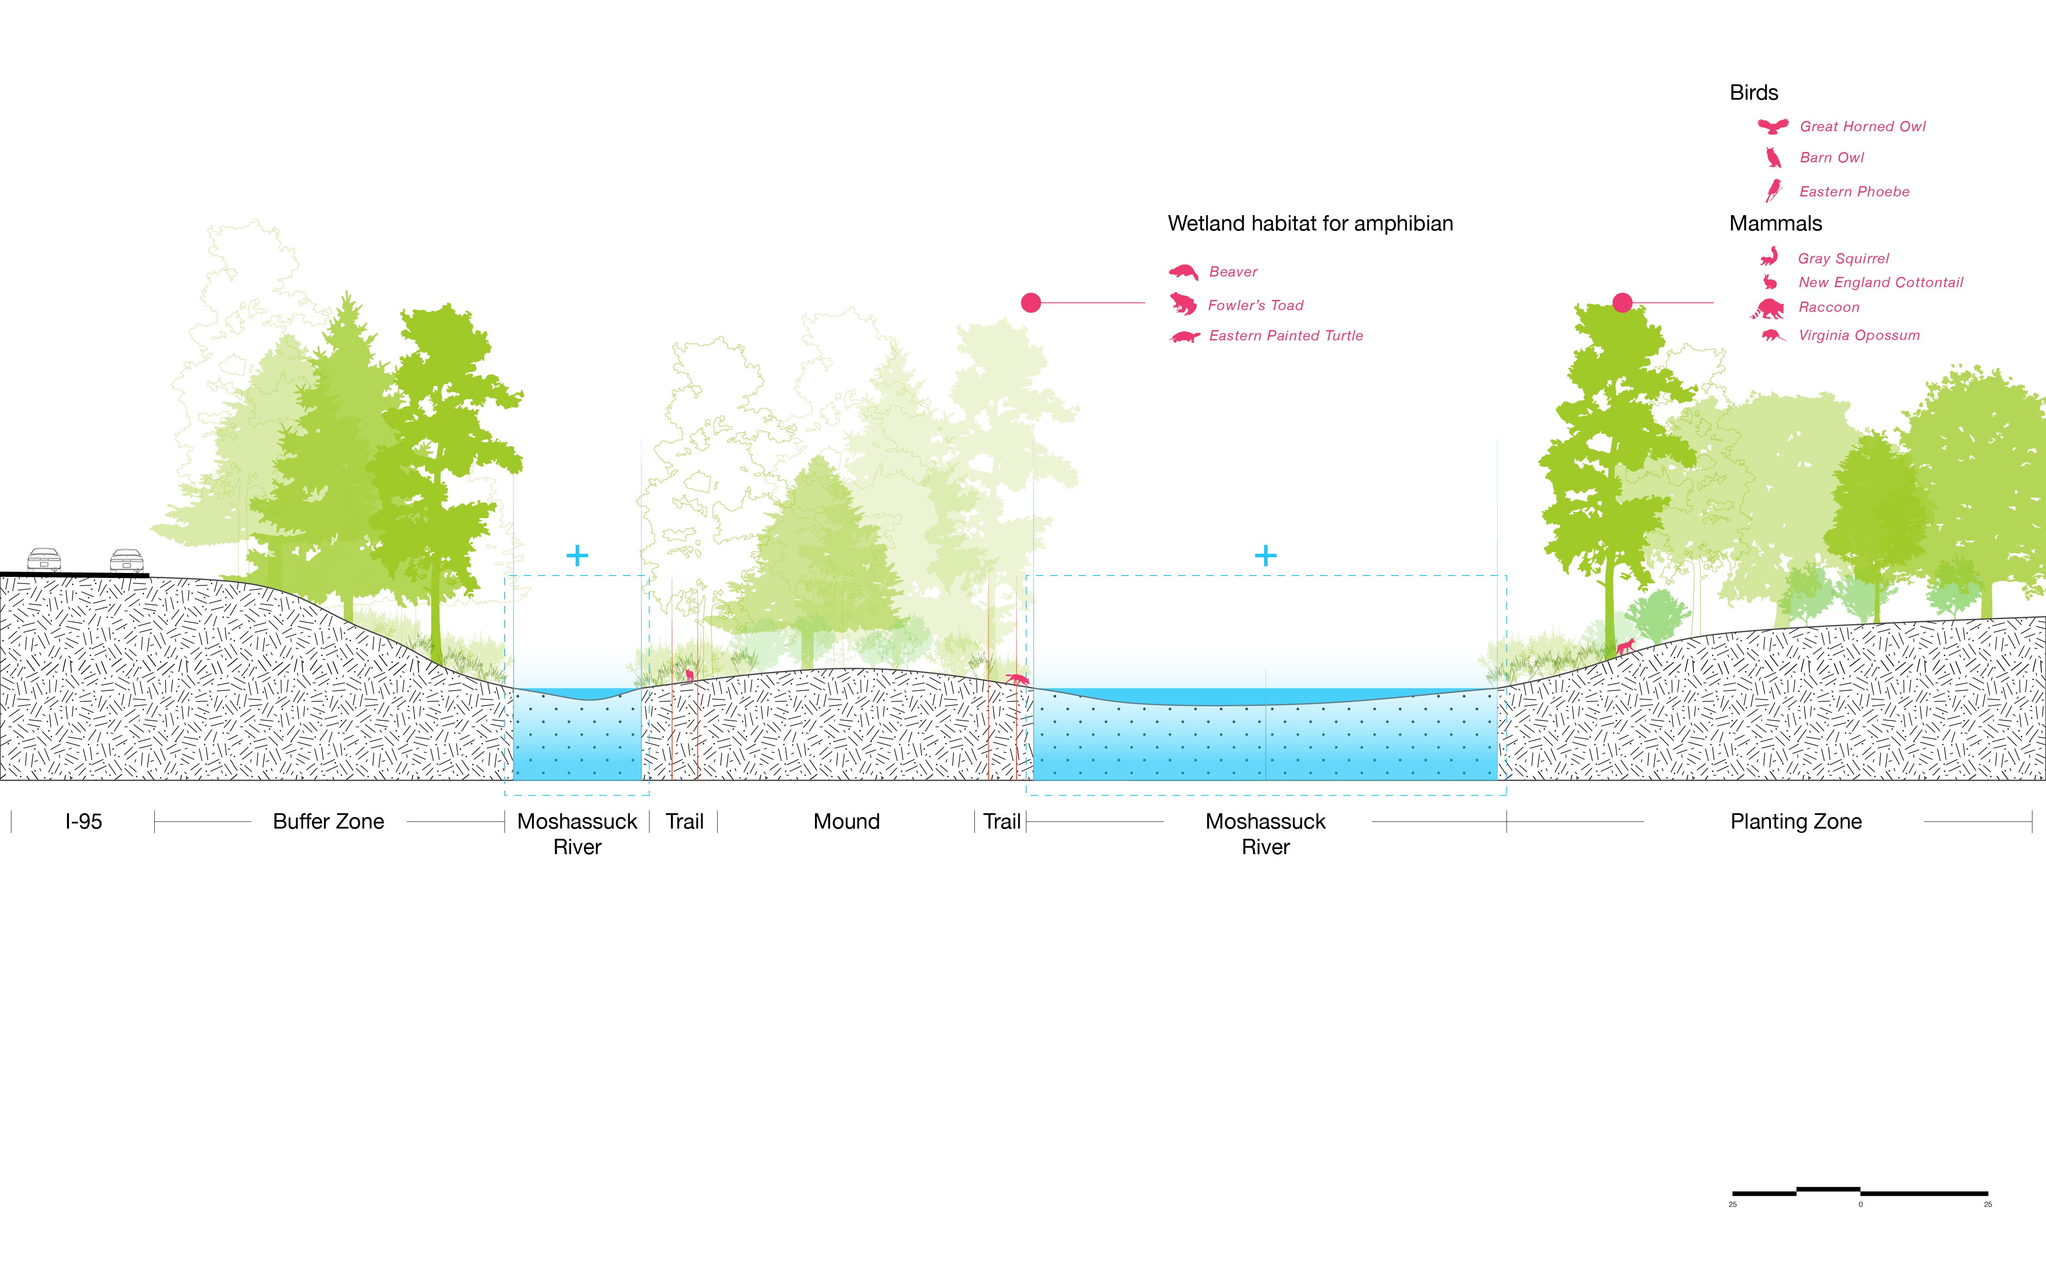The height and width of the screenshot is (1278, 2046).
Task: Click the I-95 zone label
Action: (x=84, y=822)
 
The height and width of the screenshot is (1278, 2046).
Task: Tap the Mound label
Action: (x=846, y=822)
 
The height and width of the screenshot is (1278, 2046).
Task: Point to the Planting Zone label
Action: (x=1796, y=822)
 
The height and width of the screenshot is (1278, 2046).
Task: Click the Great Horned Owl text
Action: (x=1863, y=127)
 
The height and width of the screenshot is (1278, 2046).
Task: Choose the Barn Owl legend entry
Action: (x=1831, y=158)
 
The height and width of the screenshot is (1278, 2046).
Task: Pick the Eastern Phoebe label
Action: (x=1854, y=192)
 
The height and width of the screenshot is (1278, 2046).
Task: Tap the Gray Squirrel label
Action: (x=1843, y=259)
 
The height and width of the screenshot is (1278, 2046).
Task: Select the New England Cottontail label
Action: (x=1880, y=282)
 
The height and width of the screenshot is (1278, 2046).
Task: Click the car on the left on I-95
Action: (x=44, y=560)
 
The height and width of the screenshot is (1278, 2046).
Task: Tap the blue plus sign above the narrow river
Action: (x=577, y=556)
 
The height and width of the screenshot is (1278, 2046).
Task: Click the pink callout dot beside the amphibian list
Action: (x=1031, y=302)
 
